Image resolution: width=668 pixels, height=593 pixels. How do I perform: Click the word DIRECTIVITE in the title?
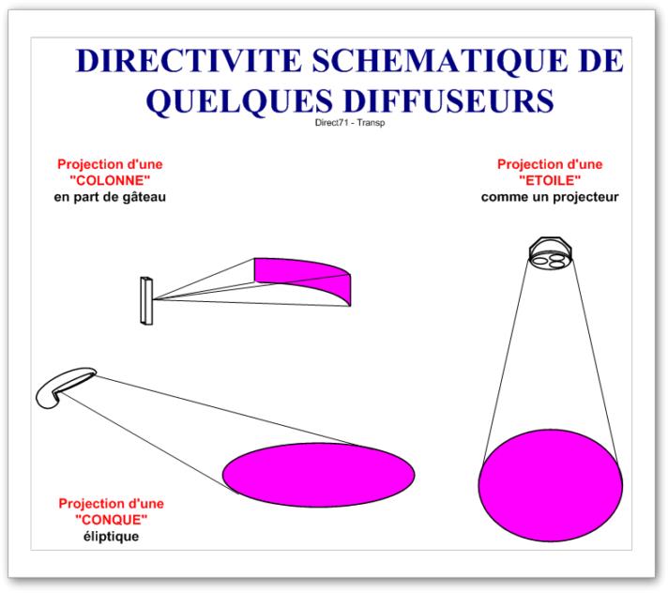pyautogui.click(x=189, y=60)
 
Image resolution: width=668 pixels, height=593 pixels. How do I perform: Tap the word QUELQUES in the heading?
pyautogui.click(x=239, y=101)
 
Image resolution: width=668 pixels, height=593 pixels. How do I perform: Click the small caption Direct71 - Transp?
pyautogui.click(x=350, y=123)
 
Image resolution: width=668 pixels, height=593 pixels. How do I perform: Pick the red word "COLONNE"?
pyautogui.click(x=111, y=180)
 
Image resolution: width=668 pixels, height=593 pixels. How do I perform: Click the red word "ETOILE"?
pyautogui.click(x=550, y=180)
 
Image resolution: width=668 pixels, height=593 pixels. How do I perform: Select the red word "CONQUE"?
pyautogui.click(x=112, y=520)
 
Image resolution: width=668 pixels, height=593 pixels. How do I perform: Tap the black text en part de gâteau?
pyautogui.click(x=110, y=197)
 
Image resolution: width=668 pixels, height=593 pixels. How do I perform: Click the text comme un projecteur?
pyautogui.click(x=550, y=197)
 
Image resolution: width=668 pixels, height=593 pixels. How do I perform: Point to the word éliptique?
pyautogui.click(x=112, y=537)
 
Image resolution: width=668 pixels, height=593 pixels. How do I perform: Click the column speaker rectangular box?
pyautogui.click(x=146, y=301)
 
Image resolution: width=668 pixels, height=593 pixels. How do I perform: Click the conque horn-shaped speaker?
pyautogui.click(x=64, y=386)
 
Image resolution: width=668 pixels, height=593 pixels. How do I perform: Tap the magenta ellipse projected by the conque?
pyautogui.click(x=319, y=475)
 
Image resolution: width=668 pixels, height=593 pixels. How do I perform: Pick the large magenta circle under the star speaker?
pyautogui.click(x=550, y=486)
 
